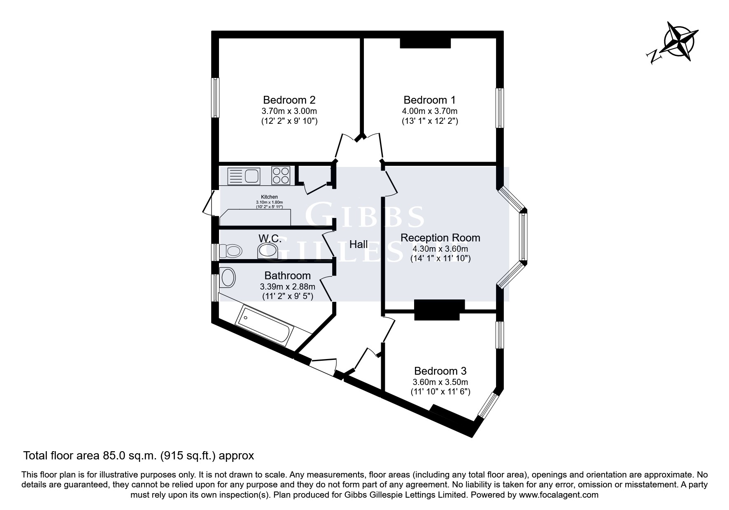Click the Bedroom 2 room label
[x=289, y=100]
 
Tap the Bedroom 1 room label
[x=430, y=100]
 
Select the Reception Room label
[x=440, y=238]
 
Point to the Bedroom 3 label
[x=440, y=371]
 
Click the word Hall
[x=359, y=244]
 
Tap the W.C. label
[x=270, y=239]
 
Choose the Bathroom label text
[x=287, y=276]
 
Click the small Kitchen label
[x=269, y=197]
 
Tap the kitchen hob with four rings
[x=280, y=176]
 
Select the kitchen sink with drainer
[x=243, y=176]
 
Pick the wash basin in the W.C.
[x=267, y=251]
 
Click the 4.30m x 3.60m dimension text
[x=440, y=249]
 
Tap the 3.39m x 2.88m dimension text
[x=287, y=287]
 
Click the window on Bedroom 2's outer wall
[x=215, y=97]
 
